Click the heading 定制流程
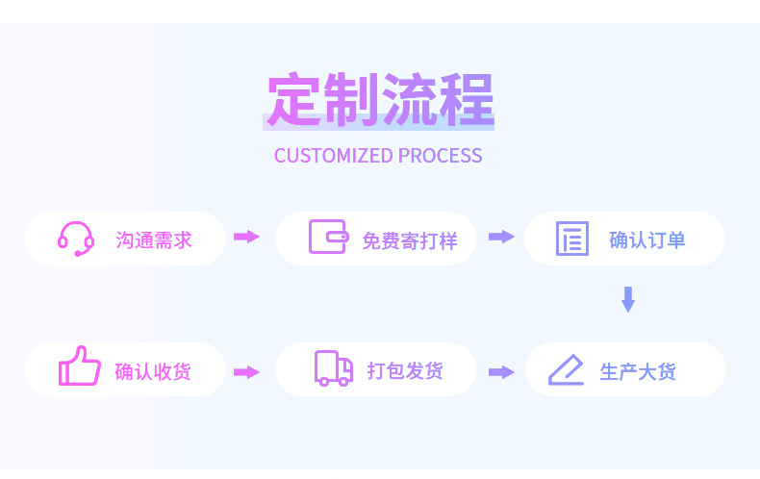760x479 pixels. pyautogui.click(x=380, y=99)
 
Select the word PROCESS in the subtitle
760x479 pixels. pyautogui.click(x=440, y=156)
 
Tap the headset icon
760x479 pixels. pyautogui.click(x=76, y=239)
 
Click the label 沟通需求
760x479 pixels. pyautogui.click(x=154, y=239)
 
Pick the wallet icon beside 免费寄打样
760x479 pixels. pyautogui.click(x=328, y=238)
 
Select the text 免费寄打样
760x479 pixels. pyautogui.click(x=409, y=240)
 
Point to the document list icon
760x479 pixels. pyautogui.click(x=572, y=239)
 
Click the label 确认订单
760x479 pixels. pyautogui.click(x=647, y=239)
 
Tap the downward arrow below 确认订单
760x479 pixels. pyautogui.click(x=628, y=299)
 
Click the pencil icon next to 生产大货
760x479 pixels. pyautogui.click(x=566, y=370)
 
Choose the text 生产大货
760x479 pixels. pyautogui.click(x=638, y=371)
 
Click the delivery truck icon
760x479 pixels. pyautogui.click(x=334, y=369)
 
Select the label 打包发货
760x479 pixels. pyautogui.click(x=405, y=370)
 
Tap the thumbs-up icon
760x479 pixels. pyautogui.click(x=79, y=366)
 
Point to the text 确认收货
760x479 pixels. pyautogui.click(x=153, y=371)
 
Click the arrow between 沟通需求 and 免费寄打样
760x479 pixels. pyautogui.click(x=247, y=237)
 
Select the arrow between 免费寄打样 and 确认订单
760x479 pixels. pyautogui.click(x=501, y=237)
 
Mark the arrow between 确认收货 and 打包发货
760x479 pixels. pyautogui.click(x=247, y=372)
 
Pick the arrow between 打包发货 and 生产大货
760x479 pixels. pyautogui.click(x=501, y=372)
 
